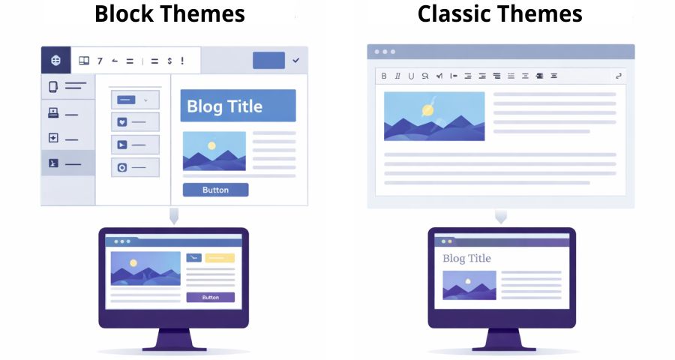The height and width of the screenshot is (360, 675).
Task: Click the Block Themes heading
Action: click(x=169, y=13)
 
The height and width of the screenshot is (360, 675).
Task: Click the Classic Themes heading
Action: click(x=499, y=13)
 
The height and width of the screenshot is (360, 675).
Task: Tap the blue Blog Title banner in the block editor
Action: click(x=238, y=106)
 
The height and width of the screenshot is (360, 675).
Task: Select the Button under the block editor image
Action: click(x=215, y=190)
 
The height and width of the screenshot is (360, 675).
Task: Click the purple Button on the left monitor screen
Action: click(x=210, y=297)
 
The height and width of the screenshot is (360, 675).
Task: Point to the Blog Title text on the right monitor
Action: click(x=466, y=259)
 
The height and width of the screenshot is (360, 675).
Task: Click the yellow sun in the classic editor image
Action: click(x=427, y=109)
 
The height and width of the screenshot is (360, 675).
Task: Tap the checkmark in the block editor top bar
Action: click(x=295, y=60)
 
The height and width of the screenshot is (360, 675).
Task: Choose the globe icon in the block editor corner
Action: click(x=55, y=60)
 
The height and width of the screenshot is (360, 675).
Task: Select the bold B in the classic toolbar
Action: click(x=384, y=76)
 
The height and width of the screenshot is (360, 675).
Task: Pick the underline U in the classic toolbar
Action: click(x=411, y=76)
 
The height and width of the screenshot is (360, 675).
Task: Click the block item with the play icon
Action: click(x=135, y=145)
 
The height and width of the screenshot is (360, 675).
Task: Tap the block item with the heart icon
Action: click(x=135, y=121)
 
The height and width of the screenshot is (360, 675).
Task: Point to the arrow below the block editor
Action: click(x=174, y=216)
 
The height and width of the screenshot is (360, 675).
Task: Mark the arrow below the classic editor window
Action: click(x=500, y=217)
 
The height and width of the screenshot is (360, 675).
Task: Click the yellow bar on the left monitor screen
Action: click(x=220, y=257)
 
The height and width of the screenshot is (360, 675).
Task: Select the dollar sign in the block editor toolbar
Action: click(x=169, y=61)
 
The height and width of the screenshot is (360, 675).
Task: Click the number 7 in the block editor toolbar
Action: click(x=100, y=61)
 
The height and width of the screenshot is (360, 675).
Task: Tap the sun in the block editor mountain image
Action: click(x=211, y=145)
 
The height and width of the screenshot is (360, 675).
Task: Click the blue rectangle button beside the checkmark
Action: click(x=268, y=60)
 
